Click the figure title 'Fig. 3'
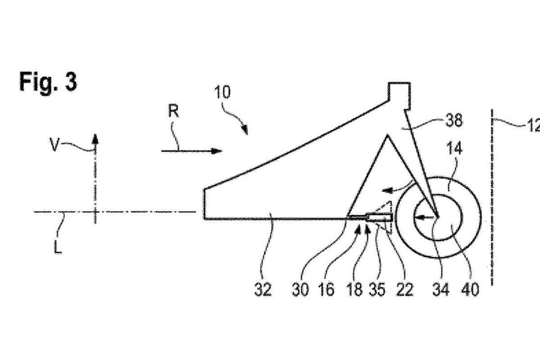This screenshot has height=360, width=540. [x=48, y=82]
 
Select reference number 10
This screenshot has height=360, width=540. [x=222, y=92]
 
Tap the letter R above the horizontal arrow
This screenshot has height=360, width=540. [x=174, y=111]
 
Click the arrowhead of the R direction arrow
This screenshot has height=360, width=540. [x=216, y=151]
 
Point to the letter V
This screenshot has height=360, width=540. [x=54, y=144]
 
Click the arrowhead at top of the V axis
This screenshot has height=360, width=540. [x=95, y=139]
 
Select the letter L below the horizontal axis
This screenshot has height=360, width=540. [x=58, y=246]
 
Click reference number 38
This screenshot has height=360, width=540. [x=454, y=120]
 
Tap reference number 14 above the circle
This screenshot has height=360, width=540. [x=454, y=148]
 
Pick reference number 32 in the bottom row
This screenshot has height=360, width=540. [x=263, y=289]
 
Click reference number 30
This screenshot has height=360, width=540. [x=300, y=289]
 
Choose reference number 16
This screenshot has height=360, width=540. [x=326, y=289]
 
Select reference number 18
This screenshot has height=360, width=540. [x=355, y=289]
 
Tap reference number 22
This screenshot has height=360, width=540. [x=405, y=289]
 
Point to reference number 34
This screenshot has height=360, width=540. [x=441, y=289]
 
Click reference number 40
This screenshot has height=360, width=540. [x=470, y=289]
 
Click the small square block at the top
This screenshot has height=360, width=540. [x=399, y=95]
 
